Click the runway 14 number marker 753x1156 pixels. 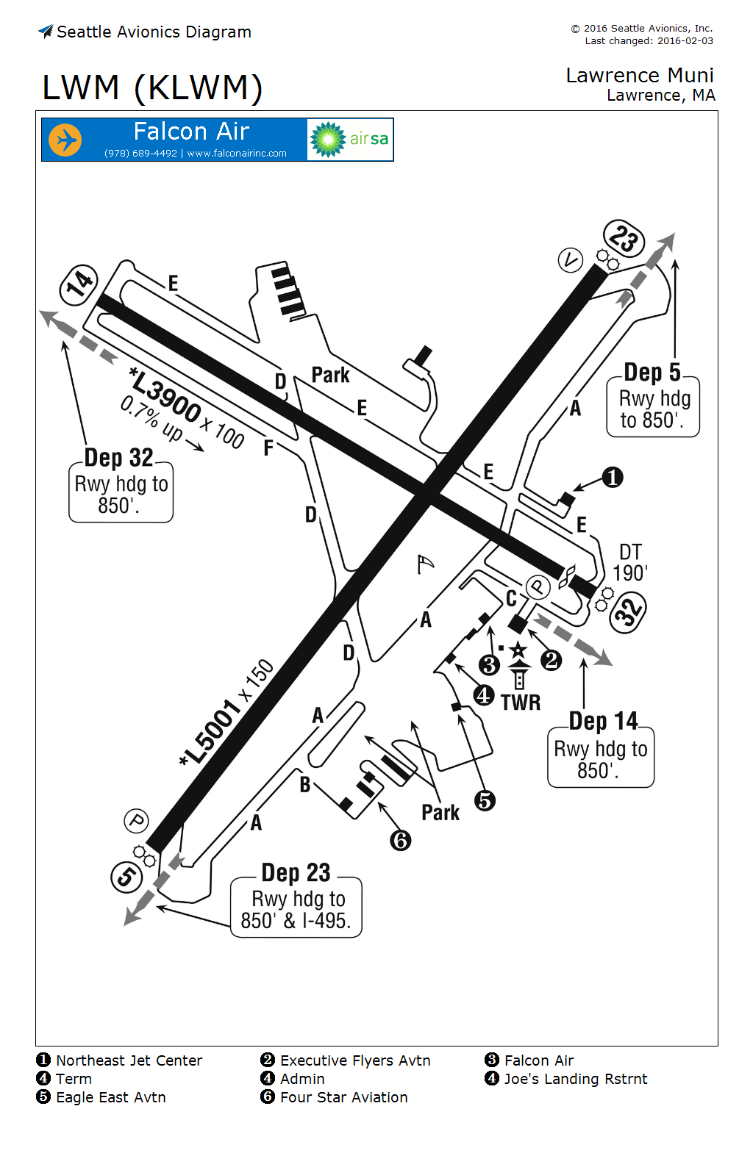pyautogui.click(x=79, y=283)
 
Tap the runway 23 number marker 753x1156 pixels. pyautogui.click(x=624, y=239)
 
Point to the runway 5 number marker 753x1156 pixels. pyautogui.click(x=126, y=876)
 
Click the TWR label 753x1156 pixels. pyautogui.click(x=521, y=703)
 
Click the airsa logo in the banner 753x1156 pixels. pyautogui.click(x=350, y=140)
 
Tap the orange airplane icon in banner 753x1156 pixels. pyautogui.click(x=65, y=140)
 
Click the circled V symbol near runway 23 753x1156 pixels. pyautogui.click(x=571, y=260)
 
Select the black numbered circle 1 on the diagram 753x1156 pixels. pyautogui.click(x=613, y=478)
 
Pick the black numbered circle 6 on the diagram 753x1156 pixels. pyautogui.click(x=401, y=840)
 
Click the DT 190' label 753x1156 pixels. pyautogui.click(x=630, y=562)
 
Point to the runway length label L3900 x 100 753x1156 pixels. pyautogui.click(x=187, y=409)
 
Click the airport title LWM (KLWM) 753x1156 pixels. pyautogui.click(x=152, y=87)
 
